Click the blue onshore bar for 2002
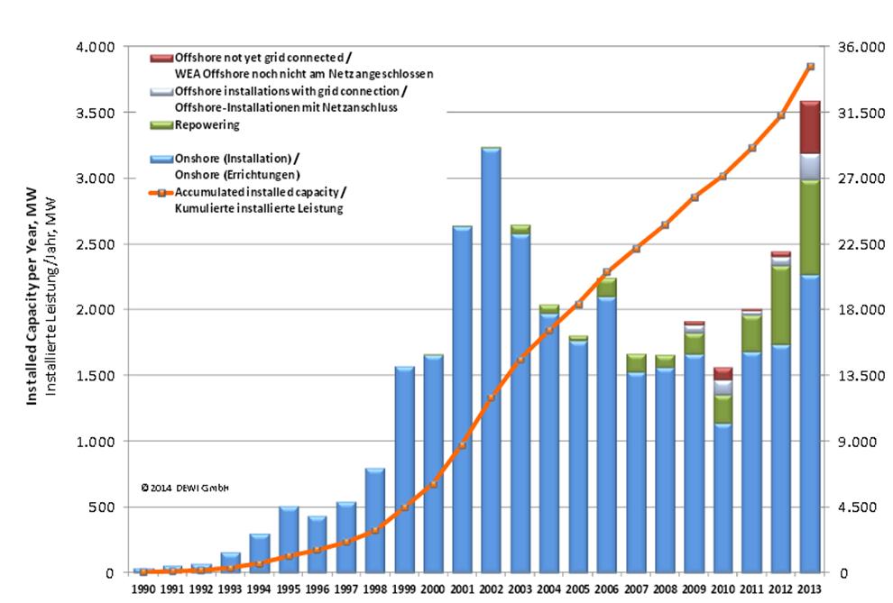pos(491,361)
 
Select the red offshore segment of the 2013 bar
pos(810,127)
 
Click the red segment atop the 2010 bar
pos(723,373)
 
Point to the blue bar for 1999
pos(403,469)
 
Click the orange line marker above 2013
pos(810,67)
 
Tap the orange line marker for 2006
pos(607,271)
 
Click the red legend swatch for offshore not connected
pos(161,57)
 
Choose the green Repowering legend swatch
pos(161,124)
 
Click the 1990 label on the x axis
pos(143,590)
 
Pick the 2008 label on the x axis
pos(665,590)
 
